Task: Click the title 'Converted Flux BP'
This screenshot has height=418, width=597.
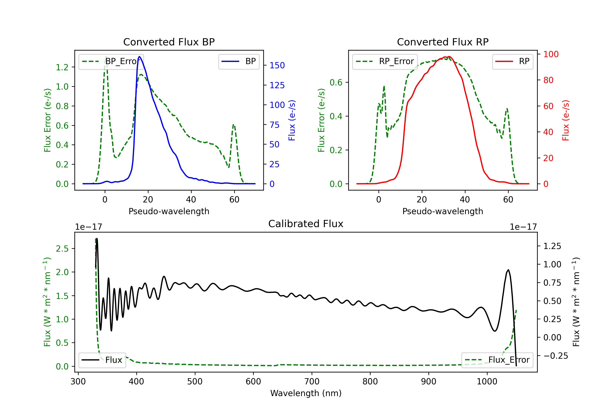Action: [169, 42]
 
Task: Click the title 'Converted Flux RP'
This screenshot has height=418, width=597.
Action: [443, 42]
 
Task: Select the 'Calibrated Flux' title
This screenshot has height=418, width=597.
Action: [306, 224]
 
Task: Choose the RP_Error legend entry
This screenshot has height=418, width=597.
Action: [385, 61]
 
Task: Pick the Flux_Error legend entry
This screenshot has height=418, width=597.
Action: [497, 360]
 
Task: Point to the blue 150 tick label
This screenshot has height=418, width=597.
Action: [277, 65]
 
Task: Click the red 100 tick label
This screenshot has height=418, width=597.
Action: [551, 54]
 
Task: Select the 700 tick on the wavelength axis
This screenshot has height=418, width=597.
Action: [312, 381]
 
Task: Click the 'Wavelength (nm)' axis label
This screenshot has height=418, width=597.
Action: [306, 393]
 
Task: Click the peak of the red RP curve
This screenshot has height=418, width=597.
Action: [449, 57]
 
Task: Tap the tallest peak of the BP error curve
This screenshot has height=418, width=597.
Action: [105, 57]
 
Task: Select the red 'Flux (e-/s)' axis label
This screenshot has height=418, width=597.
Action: [566, 120]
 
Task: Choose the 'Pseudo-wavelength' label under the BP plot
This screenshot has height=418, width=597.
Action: [169, 211]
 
